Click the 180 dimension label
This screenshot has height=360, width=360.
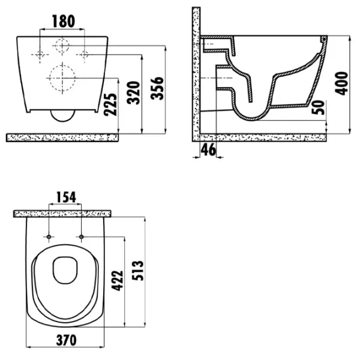click(64, 22)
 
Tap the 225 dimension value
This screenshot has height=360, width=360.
click(110, 104)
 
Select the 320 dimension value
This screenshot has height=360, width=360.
click(134, 93)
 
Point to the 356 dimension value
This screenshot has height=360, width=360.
click(157, 88)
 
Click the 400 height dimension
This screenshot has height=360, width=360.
click(341, 83)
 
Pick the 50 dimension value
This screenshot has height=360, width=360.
click(319, 107)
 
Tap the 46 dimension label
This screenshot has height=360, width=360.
click(208, 149)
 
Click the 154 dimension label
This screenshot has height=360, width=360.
click(66, 197)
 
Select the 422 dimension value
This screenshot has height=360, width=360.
click(118, 281)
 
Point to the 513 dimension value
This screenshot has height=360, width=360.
click(138, 271)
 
